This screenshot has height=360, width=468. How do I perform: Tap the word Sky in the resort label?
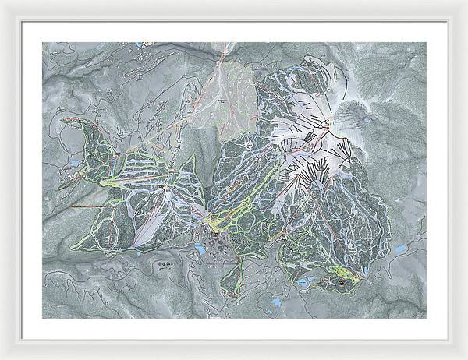[168, 265]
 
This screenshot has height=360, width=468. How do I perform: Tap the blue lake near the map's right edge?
[399, 249]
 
